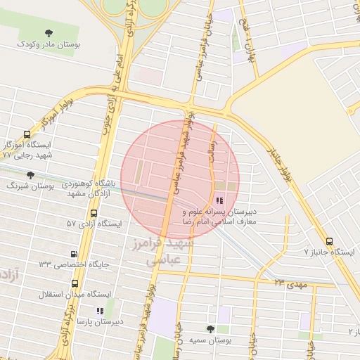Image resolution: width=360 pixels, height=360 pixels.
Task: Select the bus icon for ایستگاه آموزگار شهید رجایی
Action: coord(27,135)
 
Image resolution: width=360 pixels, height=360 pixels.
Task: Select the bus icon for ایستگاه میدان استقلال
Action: coord(75,283)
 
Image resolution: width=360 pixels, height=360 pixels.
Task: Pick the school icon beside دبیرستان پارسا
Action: coord(99,310)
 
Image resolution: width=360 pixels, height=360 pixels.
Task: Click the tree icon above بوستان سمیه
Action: coord(210,329)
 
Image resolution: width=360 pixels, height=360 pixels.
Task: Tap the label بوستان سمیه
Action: coord(210,340)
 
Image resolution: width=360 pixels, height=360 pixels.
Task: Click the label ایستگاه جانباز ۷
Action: coord(330,251)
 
